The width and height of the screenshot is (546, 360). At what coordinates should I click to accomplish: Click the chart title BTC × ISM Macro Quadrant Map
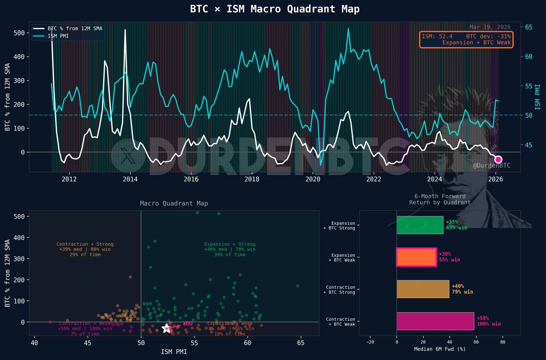pos(273,9)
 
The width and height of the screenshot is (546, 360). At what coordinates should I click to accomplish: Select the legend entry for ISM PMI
pos(58,35)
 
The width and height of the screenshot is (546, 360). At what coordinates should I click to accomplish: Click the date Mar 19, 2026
pos(490,27)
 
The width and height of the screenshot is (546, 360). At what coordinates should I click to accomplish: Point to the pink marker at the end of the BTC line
pos(498,159)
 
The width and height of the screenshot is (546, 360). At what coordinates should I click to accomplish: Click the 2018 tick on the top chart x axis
pos(252,179)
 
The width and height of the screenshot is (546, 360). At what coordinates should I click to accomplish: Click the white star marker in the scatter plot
pos(167,328)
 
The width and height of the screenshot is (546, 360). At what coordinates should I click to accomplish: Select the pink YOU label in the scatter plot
pos(187,324)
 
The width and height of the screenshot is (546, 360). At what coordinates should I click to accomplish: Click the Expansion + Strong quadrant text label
pos(230,249)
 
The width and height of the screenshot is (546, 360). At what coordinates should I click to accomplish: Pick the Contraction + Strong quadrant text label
pos(85,249)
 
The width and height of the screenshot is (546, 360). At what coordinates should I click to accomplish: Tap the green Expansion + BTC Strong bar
pos(420,225)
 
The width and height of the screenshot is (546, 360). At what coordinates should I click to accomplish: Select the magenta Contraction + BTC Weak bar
pos(435,321)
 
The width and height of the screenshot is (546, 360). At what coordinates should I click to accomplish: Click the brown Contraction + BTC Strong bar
pos(423,289)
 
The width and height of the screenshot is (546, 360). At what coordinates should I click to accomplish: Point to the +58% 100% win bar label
pos(488,321)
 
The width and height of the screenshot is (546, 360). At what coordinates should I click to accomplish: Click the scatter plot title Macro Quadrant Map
pos(174,203)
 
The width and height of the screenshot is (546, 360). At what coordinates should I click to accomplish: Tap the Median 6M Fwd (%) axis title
pos(440,349)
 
